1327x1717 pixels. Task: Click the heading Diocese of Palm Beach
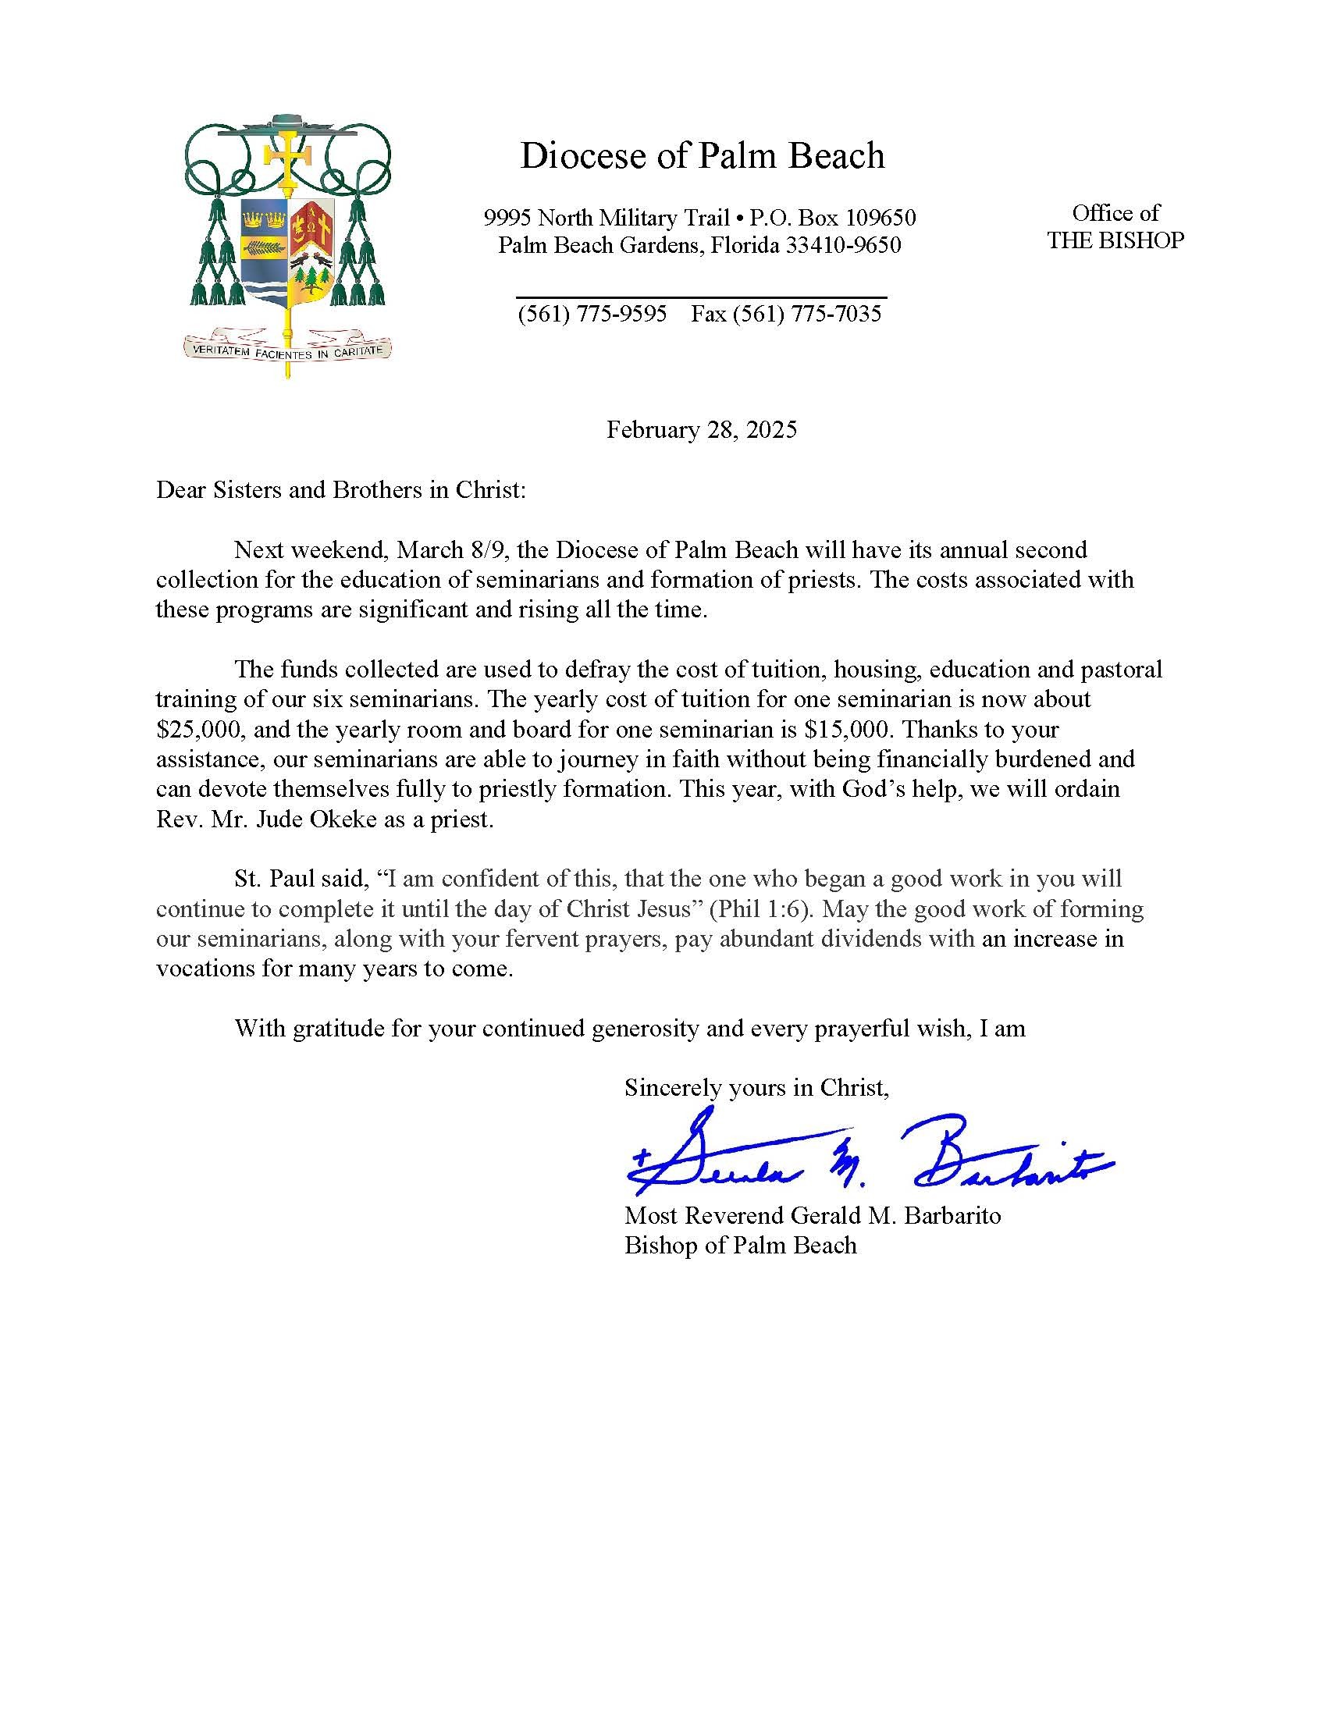[x=701, y=155]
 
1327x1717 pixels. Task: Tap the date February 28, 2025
[x=701, y=430]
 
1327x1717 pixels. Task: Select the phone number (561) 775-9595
[x=592, y=315]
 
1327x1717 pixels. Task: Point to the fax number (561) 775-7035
[x=786, y=315]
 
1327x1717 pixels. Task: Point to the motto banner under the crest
[x=287, y=347]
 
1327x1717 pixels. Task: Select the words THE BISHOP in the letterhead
[x=1115, y=240]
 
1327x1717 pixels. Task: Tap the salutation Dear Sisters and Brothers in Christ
[x=340, y=490]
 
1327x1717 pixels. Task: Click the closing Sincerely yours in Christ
[x=756, y=1087]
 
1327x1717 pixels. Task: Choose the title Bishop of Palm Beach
[x=740, y=1246]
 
